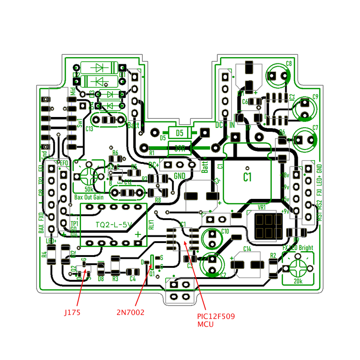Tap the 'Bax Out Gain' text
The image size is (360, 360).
tap(89, 197)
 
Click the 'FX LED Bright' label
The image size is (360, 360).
tap(297, 248)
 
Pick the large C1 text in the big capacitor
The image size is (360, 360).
tap(247, 177)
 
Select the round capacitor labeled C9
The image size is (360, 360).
tap(305, 108)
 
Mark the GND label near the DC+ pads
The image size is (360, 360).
tap(180, 175)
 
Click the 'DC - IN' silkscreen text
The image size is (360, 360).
tap(225, 125)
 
